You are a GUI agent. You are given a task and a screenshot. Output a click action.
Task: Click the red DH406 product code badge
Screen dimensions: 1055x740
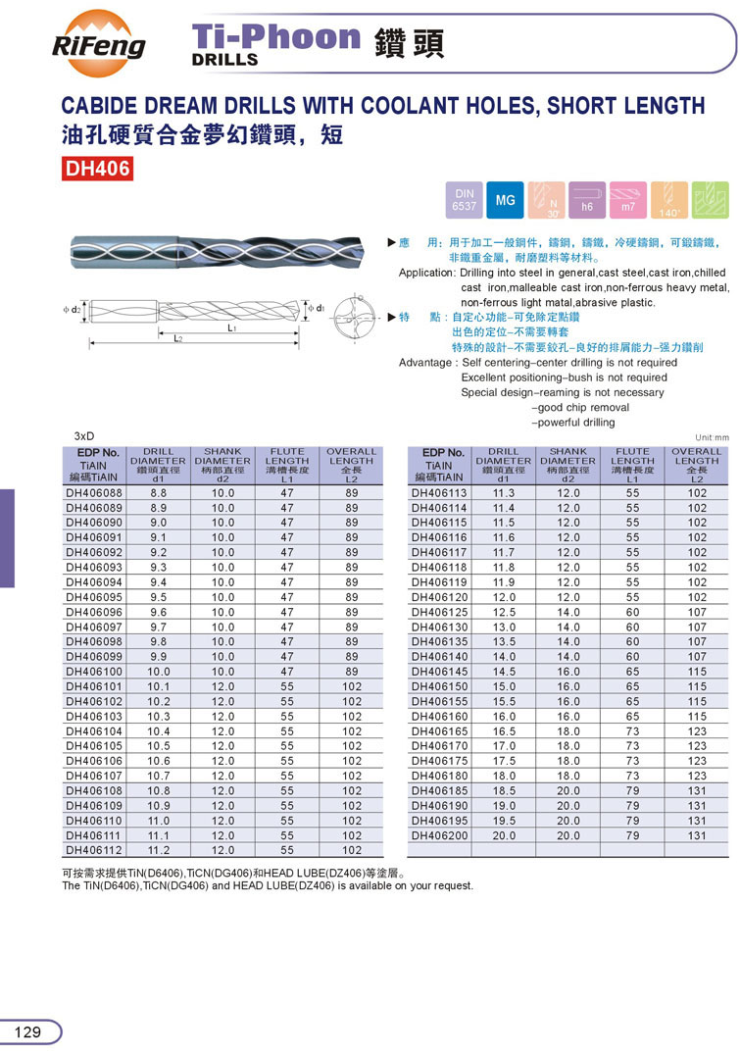pos(97,169)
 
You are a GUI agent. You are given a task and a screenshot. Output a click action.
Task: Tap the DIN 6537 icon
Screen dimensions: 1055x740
pos(464,201)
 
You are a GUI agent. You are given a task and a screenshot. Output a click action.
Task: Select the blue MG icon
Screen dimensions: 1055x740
pos(505,201)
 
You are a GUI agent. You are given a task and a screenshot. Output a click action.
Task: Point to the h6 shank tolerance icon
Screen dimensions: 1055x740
pos(587,201)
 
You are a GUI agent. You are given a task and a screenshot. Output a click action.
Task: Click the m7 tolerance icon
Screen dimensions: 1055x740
pos(628,201)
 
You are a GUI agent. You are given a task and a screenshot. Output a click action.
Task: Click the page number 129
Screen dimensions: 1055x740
pos(28,1031)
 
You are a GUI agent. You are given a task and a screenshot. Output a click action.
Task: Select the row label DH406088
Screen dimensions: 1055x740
pos(94,493)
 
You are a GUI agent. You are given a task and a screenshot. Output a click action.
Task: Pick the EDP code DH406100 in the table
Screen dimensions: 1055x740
pos(94,672)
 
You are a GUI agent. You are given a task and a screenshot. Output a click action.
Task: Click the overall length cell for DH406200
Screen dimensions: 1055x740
pos(697,835)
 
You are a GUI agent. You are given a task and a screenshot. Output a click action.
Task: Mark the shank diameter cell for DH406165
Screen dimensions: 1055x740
pos(568,731)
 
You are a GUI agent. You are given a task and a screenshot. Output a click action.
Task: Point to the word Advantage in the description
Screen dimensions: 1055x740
pos(427,363)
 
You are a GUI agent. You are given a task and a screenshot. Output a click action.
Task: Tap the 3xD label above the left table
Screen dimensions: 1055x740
pos(85,435)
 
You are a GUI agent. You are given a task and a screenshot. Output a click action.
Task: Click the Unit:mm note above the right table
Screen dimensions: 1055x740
pos(712,437)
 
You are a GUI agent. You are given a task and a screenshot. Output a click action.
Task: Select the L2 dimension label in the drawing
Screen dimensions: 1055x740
pos(177,338)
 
